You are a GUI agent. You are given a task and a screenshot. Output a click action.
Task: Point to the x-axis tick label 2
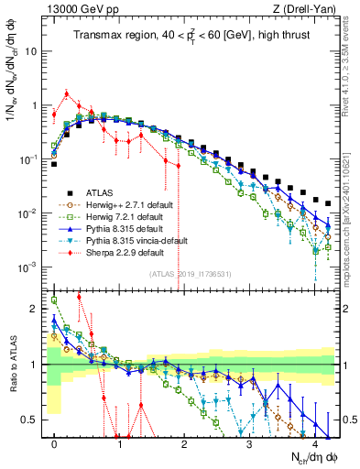point(184,444)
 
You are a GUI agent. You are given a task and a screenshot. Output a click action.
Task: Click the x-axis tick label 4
point(314,444)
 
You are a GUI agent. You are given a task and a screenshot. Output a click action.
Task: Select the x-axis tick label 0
point(55,444)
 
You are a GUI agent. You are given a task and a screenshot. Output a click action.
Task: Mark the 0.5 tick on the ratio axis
point(35,420)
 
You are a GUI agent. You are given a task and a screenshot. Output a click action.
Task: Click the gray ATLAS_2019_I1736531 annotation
point(191,275)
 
